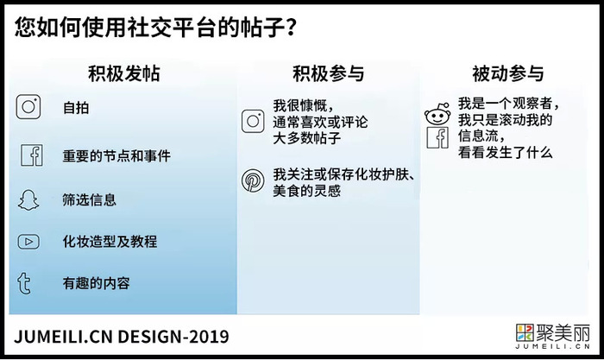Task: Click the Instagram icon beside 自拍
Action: point(28,107)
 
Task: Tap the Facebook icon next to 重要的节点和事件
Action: point(32,155)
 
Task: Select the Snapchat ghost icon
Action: point(28,200)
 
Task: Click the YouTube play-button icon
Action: point(28,242)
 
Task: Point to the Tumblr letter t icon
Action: point(24,283)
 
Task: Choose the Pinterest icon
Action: point(253,180)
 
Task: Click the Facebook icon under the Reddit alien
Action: point(438,137)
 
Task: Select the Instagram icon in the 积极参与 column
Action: point(253,121)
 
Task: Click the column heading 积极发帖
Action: point(124,73)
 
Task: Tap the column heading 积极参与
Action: point(328,73)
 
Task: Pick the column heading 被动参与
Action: point(507,73)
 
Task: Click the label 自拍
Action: point(76,108)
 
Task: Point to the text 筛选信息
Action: point(90,199)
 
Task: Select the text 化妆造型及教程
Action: point(110,242)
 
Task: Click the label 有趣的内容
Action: point(97,283)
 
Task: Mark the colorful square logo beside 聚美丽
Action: point(525,332)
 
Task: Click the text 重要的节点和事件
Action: point(116,155)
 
